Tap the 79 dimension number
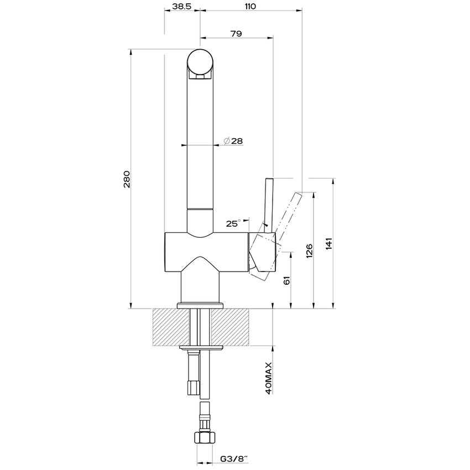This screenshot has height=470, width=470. [x=236, y=34]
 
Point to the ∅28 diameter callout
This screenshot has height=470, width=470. [x=234, y=141]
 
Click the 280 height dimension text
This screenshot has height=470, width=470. [x=127, y=180]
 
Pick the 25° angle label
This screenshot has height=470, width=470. [x=233, y=224]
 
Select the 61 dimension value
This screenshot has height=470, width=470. [x=286, y=280]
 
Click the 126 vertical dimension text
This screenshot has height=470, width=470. [x=309, y=250]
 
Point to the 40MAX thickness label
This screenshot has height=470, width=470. [x=269, y=378]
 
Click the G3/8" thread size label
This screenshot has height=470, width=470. [x=235, y=459]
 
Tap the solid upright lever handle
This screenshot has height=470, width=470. [x=269, y=202]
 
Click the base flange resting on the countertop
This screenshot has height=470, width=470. [x=200, y=305]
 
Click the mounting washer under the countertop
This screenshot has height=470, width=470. [x=200, y=348]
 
